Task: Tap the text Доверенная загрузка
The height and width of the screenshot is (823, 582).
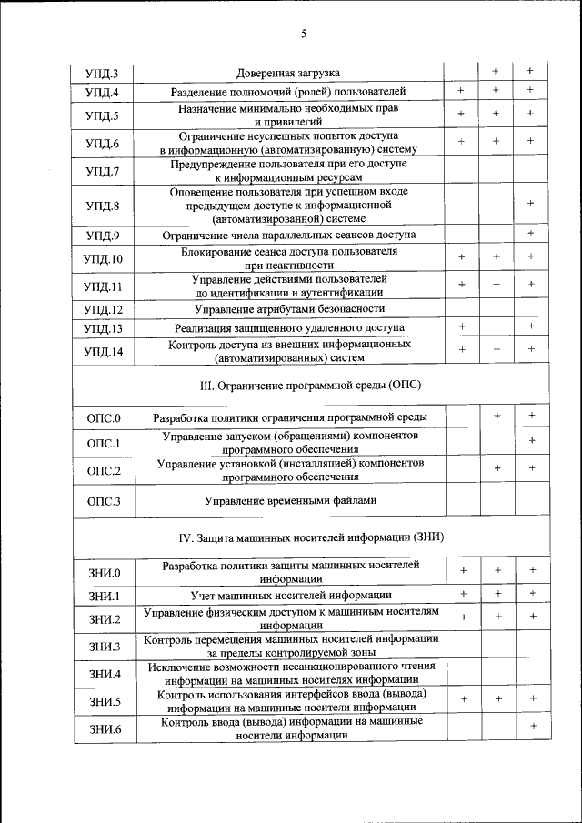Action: pos(288,72)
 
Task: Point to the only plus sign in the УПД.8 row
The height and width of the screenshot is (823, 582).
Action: pos(530,203)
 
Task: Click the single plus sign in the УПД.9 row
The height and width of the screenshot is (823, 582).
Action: pos(530,234)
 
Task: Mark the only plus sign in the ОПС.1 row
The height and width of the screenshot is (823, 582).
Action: pos(531,441)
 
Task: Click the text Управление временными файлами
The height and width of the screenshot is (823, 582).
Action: pos(290,500)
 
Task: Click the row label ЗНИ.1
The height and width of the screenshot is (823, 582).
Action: pos(105,596)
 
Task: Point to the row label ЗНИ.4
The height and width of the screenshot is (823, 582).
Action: pos(105,674)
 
